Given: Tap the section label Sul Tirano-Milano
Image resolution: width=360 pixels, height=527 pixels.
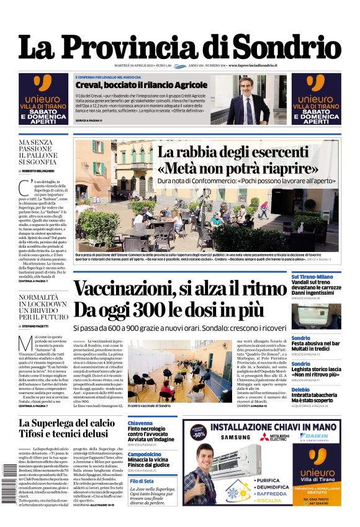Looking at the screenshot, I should pyautogui.click(x=312, y=277).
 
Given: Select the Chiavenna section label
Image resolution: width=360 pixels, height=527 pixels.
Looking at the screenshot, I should pyautogui.click(x=140, y=423).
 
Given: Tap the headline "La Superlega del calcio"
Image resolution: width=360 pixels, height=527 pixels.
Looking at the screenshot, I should pyautogui.click(x=66, y=423).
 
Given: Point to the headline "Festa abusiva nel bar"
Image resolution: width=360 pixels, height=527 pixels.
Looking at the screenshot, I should pyautogui.click(x=316, y=343).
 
